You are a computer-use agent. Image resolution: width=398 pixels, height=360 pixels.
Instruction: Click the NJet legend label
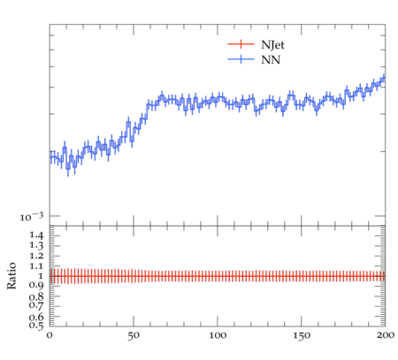(x=272, y=45)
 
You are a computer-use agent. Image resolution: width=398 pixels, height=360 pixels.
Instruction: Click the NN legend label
(x=271, y=60)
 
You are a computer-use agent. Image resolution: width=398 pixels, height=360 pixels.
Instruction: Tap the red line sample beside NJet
(x=241, y=44)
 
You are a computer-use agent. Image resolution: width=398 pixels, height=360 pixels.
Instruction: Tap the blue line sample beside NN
(x=241, y=59)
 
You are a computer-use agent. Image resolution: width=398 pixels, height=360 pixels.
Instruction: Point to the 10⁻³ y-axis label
(x=32, y=217)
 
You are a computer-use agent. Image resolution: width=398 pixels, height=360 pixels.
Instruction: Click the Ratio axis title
(x=11, y=276)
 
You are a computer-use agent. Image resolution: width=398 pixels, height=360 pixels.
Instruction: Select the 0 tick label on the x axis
(x=50, y=335)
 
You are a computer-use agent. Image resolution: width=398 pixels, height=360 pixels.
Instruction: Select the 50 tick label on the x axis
(x=134, y=335)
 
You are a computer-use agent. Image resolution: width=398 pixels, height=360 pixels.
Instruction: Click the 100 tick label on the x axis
(x=218, y=335)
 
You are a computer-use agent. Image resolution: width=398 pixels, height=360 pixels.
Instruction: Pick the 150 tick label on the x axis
(x=302, y=335)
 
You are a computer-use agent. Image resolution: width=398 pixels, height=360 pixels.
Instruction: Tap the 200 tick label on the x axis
(x=386, y=335)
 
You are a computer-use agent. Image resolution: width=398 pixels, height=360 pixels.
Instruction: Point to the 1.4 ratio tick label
(x=36, y=235)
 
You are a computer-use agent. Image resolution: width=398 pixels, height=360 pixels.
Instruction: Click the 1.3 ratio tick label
(x=36, y=246)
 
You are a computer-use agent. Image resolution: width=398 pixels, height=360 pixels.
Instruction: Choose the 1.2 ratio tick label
(x=36, y=256)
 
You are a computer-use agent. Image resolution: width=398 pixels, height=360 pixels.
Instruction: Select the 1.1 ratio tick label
(x=36, y=266)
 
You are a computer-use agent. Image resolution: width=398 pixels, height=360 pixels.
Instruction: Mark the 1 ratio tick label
(x=41, y=276)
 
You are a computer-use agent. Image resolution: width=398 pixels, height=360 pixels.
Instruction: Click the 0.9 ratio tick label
(x=36, y=286)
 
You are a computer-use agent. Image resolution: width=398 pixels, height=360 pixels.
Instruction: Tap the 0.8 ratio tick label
(x=36, y=296)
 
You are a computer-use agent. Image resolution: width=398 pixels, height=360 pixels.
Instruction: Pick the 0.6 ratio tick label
(x=36, y=317)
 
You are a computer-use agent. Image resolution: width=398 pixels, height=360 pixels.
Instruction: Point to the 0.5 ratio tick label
(x=36, y=325)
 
